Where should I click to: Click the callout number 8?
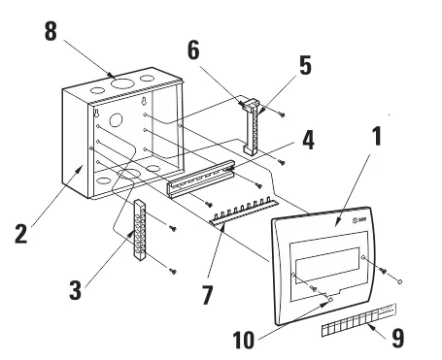point(51,31)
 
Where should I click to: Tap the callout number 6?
point(193,50)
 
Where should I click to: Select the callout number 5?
point(305,65)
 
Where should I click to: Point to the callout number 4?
point(308,141)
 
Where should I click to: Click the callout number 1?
point(376,136)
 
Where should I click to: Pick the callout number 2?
point(21,234)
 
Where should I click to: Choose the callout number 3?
point(75,290)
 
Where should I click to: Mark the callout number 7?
point(207,295)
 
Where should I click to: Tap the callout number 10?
point(244,340)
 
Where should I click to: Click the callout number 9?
point(398,339)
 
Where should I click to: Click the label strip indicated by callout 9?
point(358,320)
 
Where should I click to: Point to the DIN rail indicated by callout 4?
point(200,179)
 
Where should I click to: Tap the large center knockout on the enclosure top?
point(122,83)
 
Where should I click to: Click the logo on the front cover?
point(358,220)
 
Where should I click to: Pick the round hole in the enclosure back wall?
point(116,120)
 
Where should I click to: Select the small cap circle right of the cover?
point(400,281)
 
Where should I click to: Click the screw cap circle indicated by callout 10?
point(330,300)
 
